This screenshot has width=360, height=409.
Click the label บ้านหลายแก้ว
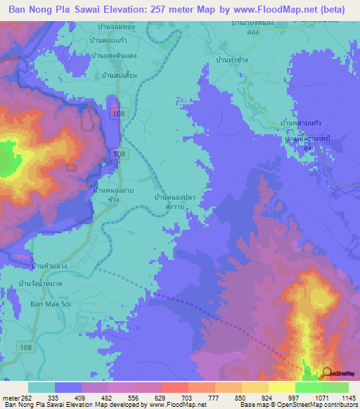(302, 122)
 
